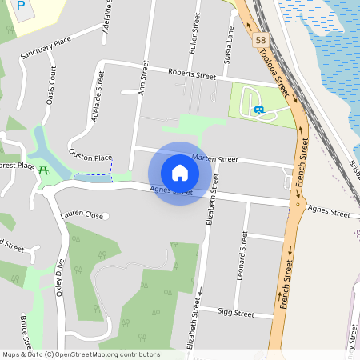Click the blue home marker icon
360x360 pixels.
pyautogui.click(x=180, y=172)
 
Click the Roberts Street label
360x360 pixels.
pyautogui.click(x=192, y=74)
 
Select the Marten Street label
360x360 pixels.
pyautogui.click(x=215, y=159)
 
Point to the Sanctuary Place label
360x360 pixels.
pyautogui.click(x=46, y=50)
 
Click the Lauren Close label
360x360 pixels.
pyautogui.click(x=82, y=215)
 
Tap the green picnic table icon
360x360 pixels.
pyautogui.click(x=43, y=169)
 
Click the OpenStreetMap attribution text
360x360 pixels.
pyautogui.click(x=81, y=354)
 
